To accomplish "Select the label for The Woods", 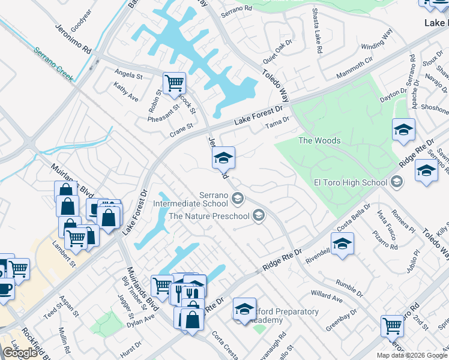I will point(319,141).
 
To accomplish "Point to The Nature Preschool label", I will point(209,215).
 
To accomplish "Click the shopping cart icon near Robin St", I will point(174,83).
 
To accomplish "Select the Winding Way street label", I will point(376,46).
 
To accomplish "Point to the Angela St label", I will point(128,76).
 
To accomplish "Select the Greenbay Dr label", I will point(342,317).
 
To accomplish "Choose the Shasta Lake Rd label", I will point(316,30).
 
